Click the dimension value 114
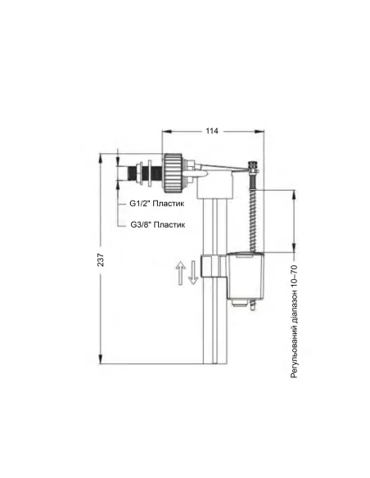point(211,131)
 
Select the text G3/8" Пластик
point(158,223)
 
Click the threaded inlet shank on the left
point(135,174)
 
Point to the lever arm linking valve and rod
point(221,169)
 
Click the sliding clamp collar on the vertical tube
point(210,267)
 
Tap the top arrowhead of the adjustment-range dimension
point(292,192)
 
